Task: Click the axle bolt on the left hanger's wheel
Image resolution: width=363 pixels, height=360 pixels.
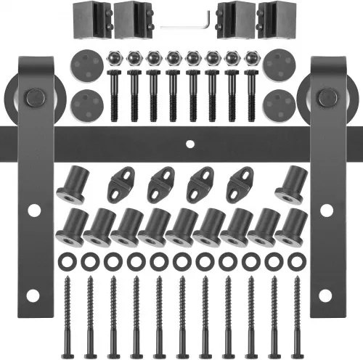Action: [33, 97]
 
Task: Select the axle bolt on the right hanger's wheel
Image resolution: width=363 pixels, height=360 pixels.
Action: [330, 96]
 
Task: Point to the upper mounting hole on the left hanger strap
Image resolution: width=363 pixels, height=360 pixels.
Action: [33, 210]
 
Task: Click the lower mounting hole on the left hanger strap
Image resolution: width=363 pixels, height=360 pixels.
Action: [33, 294]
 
